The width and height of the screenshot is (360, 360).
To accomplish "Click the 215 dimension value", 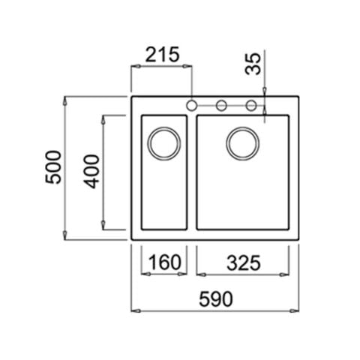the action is [x=162, y=55].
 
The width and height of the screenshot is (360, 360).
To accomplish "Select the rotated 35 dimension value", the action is [x=253, y=64].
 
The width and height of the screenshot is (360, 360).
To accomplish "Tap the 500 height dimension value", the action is [x=53, y=167].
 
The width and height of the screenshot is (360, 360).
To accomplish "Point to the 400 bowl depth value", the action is [x=91, y=172].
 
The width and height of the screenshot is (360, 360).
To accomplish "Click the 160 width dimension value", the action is [x=164, y=262].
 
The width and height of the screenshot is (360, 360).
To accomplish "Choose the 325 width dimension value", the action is [x=244, y=263].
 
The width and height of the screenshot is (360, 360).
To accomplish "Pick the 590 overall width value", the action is [x=216, y=299].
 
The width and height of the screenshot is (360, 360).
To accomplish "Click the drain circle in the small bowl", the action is [x=164, y=144].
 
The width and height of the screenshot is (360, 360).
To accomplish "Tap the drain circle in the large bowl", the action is [x=243, y=144].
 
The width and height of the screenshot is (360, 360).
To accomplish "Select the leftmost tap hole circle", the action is [x=191, y=105].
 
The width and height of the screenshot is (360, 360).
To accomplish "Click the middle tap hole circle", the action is [x=221, y=105].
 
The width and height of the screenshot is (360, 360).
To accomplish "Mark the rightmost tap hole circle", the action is [x=251, y=105].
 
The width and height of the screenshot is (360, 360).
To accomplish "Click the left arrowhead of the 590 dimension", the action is [x=136, y=311].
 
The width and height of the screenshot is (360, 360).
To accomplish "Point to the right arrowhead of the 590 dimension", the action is [x=295, y=311].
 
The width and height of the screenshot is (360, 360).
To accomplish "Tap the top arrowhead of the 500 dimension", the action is [x=65, y=100].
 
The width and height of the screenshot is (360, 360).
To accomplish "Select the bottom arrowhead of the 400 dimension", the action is [x=103, y=225].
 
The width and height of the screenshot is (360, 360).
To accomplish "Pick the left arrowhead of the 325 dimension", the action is [x=202, y=274].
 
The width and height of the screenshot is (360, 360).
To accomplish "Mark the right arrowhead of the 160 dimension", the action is [x=182, y=274].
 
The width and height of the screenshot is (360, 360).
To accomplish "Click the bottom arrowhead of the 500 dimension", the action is [x=65, y=235].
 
